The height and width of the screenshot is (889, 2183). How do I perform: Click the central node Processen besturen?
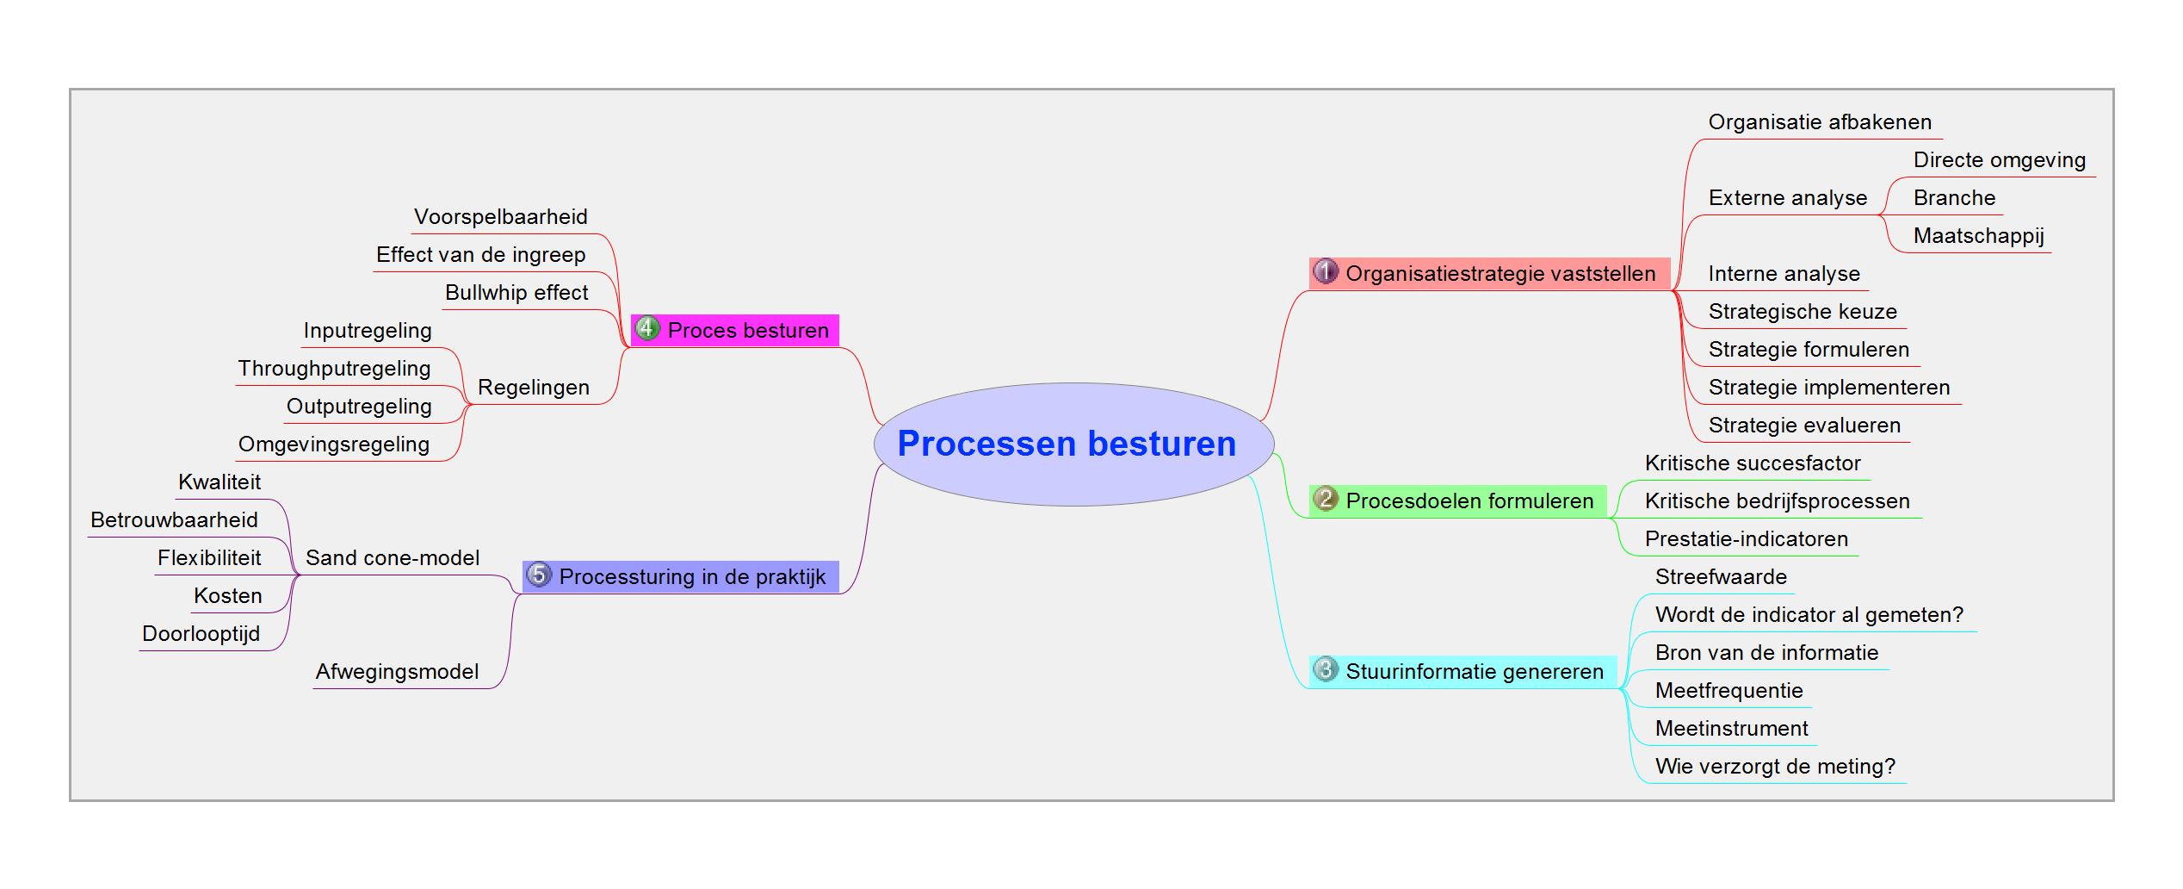[1073, 444]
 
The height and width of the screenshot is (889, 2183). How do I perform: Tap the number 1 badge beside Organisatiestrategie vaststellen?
[1326, 271]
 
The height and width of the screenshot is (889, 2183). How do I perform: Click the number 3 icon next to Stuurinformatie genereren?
[1326, 669]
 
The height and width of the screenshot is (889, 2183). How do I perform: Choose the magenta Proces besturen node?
[734, 330]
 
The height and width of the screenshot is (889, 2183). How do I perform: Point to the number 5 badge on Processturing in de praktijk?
[539, 575]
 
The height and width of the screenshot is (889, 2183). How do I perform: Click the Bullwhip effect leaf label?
[516, 293]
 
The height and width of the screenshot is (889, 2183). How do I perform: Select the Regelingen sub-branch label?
[534, 388]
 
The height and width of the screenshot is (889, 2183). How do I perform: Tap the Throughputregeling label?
[334, 369]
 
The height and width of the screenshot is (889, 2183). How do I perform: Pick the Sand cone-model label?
[393, 558]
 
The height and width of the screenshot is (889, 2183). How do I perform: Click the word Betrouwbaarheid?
[174, 520]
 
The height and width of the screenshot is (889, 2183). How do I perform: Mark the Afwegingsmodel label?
[397, 672]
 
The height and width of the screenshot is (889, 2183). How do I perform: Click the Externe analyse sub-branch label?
[1788, 198]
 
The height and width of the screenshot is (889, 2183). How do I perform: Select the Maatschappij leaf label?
[1979, 236]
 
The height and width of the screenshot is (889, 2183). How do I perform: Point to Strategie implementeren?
[1829, 388]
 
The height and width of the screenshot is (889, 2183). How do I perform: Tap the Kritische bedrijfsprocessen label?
[1777, 501]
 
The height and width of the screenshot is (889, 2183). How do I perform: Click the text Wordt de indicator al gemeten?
[1809, 615]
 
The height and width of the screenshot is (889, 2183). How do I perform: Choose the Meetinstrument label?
[1731, 729]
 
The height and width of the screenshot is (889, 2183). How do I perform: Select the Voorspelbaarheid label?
[501, 217]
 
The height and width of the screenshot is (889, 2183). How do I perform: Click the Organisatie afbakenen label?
[1820, 122]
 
